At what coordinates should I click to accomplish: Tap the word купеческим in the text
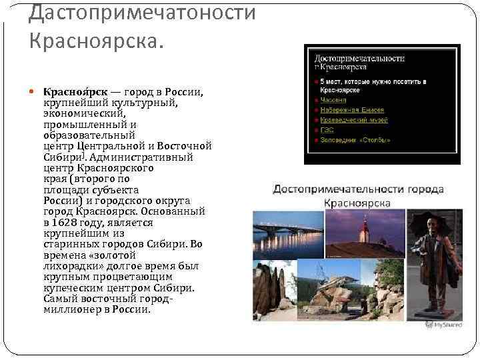[x=75, y=287]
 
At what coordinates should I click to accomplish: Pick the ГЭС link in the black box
[x=327, y=130]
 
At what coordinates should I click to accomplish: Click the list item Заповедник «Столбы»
[x=355, y=141]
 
